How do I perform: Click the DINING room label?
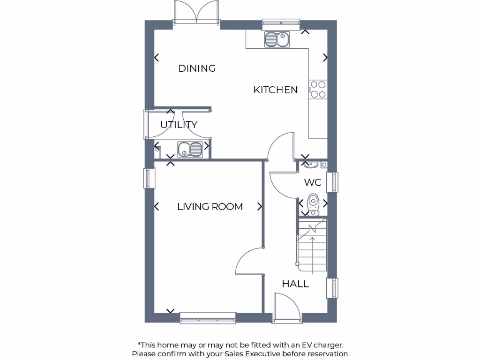tap(197, 68)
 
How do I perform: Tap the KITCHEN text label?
tap(275, 90)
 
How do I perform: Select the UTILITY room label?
tap(179, 125)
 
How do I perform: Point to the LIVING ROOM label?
tap(210, 207)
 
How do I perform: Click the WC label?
tap(313, 182)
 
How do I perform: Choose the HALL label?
tap(295, 284)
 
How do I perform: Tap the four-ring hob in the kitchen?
tap(318, 90)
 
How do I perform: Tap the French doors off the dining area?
tap(197, 11)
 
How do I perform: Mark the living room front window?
tap(208, 318)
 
